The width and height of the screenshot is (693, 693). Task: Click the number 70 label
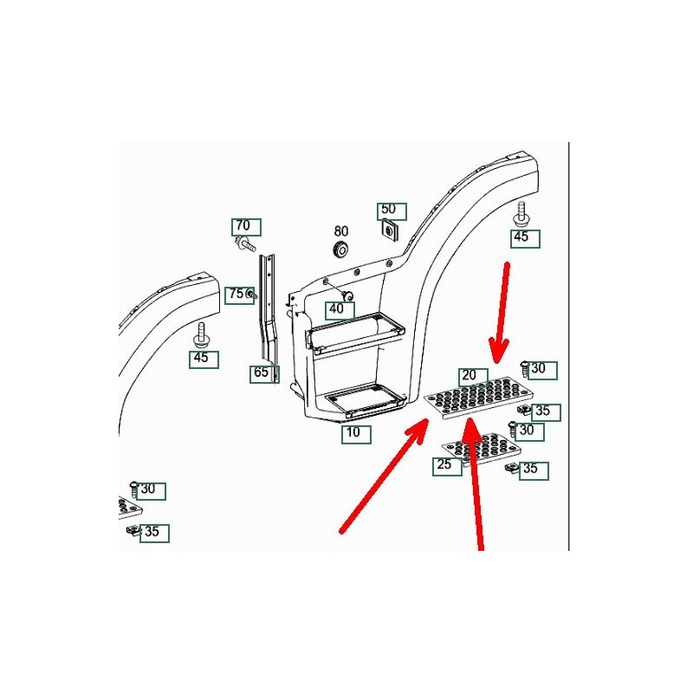click(246, 227)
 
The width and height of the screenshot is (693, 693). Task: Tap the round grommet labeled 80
click(340, 249)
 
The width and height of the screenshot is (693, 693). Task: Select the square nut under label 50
click(390, 230)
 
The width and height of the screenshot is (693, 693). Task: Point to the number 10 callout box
click(356, 434)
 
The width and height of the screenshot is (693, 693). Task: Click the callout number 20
click(473, 377)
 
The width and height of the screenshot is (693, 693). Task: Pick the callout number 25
click(447, 466)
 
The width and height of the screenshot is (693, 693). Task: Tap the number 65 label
click(264, 373)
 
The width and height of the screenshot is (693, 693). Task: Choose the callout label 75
click(239, 295)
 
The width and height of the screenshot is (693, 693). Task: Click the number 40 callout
click(340, 310)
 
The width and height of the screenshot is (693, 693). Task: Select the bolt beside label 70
click(245, 243)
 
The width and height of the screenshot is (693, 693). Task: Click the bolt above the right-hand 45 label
click(521, 215)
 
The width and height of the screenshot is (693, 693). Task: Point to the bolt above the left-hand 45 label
click(202, 336)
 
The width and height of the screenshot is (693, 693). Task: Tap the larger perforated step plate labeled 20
click(478, 397)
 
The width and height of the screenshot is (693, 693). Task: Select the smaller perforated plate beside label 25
click(482, 449)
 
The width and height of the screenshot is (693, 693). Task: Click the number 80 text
click(340, 231)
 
